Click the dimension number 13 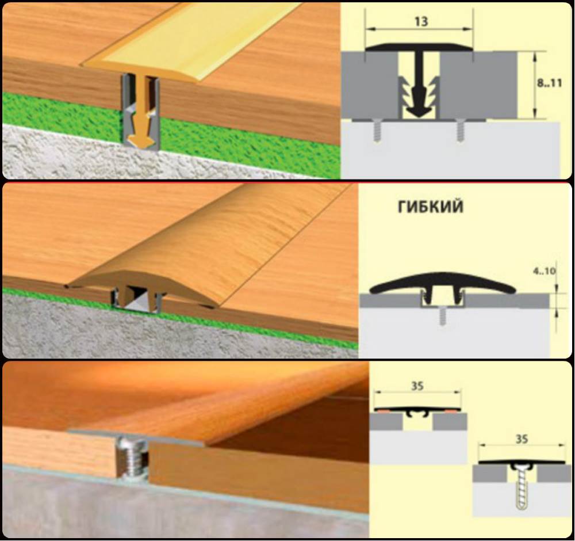click(x=421, y=22)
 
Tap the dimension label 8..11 click(x=549, y=83)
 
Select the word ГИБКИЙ click(x=431, y=207)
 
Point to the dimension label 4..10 click(x=544, y=271)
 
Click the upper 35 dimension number click(x=417, y=386)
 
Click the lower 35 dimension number click(x=522, y=439)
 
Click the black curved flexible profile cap click(x=443, y=282)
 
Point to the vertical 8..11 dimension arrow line click(x=535, y=85)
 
